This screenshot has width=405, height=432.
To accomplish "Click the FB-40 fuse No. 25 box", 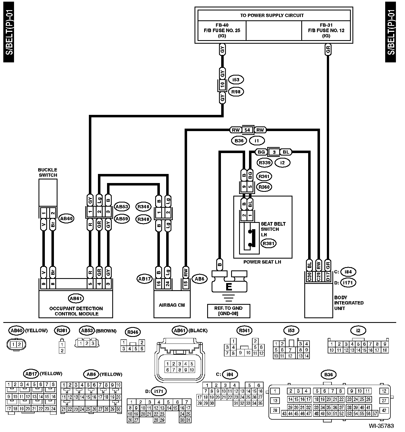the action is pos(222,31).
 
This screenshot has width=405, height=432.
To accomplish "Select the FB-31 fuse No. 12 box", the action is pos(326,31).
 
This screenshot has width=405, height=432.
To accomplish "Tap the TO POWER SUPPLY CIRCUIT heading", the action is pos(272,15).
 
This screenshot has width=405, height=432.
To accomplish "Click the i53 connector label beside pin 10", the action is pos(236,80).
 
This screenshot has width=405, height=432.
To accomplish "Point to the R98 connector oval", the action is pos(236,92).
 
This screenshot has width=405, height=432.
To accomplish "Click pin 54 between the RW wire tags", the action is pos(247,130).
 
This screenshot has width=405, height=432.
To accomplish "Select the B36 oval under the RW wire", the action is pos(239,141).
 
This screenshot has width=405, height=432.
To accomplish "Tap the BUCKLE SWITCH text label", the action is pos(48,172).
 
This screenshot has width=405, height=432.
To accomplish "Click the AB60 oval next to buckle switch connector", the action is pos(67,219).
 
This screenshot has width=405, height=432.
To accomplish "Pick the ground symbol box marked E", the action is pos(229,281).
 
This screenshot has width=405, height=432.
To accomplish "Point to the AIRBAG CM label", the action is pos(172,305).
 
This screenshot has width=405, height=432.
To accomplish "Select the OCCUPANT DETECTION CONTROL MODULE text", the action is pos(76,311).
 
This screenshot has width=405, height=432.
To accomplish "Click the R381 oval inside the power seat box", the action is pos(268,243).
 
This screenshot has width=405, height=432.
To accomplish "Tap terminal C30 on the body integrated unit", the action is pos(309,276).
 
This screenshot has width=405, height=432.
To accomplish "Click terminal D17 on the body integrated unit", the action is pos(327,276).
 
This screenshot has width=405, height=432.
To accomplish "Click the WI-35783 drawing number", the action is pos(381,426).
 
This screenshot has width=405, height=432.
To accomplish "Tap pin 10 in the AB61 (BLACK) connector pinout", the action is pos(192,370).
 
